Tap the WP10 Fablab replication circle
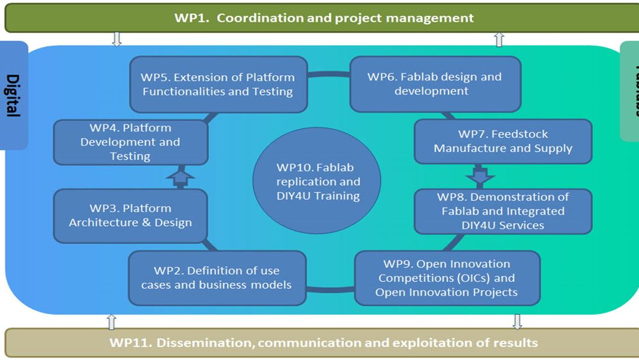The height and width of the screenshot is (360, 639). pyautogui.click(x=318, y=182)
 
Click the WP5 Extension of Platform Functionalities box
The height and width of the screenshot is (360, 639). pyautogui.click(x=218, y=84)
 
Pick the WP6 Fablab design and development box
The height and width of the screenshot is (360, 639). pyautogui.click(x=435, y=84)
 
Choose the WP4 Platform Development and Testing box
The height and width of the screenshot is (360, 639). pyautogui.click(x=130, y=142)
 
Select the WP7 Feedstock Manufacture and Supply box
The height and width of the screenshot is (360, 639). pyautogui.click(x=503, y=142)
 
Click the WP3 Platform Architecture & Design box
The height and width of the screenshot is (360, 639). pyautogui.click(x=130, y=216)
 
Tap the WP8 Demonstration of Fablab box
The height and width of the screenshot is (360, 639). pyautogui.click(x=503, y=211)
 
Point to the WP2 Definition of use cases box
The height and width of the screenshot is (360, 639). pyautogui.click(x=217, y=278)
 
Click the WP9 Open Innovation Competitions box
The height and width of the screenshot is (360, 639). pyautogui.click(x=447, y=278)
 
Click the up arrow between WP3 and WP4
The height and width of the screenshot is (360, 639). pyautogui.click(x=180, y=177)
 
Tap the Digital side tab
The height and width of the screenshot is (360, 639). pyautogui.click(x=14, y=95)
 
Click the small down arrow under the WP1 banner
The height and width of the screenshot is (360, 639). pyautogui.click(x=117, y=39)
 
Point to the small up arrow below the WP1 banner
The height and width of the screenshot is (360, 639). pyautogui.click(x=499, y=39)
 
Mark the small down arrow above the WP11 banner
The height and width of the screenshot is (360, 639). pyautogui.click(x=517, y=322)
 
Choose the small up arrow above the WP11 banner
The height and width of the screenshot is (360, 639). pyautogui.click(x=111, y=322)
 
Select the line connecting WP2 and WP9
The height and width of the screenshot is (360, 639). pyautogui.click(x=330, y=290)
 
